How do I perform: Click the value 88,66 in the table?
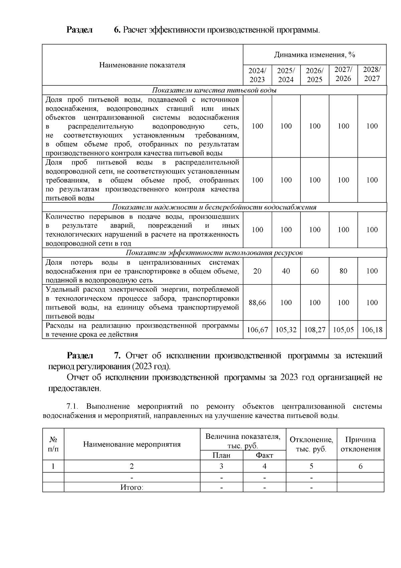[x=257, y=303]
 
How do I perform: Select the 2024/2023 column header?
[x=257, y=75]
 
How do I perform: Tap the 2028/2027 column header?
[x=372, y=74]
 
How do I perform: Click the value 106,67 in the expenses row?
[x=257, y=330]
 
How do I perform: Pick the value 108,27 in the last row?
[x=315, y=330]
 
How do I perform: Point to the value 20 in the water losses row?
[x=257, y=271]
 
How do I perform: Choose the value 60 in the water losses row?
[x=315, y=271]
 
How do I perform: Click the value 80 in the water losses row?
[x=343, y=271]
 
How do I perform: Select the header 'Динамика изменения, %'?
[x=314, y=55]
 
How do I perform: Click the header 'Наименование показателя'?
[x=142, y=65]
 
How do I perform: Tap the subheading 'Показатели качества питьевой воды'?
[x=214, y=90]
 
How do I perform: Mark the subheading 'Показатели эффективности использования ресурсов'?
[x=214, y=253]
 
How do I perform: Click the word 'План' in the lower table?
[x=221, y=455]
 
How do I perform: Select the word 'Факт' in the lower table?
[x=264, y=455]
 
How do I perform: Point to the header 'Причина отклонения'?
[x=360, y=444]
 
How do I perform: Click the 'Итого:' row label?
[x=132, y=487]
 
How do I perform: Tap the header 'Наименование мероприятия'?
[x=132, y=444]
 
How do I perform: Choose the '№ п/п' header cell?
[x=53, y=444]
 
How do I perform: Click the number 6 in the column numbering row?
[x=360, y=466]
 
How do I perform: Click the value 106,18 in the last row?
[x=372, y=330]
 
